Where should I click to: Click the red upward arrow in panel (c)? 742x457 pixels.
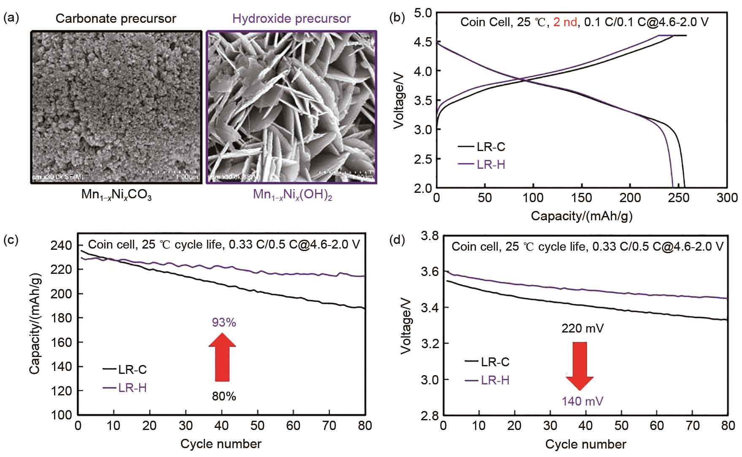tap(222, 357)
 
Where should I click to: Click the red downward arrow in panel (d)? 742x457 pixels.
tap(580, 365)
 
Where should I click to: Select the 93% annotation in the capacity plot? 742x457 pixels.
tap(224, 323)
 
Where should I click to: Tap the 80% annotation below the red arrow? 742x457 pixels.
tap(224, 396)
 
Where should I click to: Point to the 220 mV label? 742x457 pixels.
tap(582, 328)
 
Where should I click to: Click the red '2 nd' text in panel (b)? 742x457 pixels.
tap(565, 22)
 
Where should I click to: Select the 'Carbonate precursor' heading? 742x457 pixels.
tap(116, 19)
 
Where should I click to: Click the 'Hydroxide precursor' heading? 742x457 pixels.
tap(291, 19)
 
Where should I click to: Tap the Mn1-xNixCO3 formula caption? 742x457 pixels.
tap(116, 195)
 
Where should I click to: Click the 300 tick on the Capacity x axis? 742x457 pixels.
tap(727, 197)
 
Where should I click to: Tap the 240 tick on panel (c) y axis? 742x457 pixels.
tap(62, 245)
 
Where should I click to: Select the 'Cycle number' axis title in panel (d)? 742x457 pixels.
tap(586, 444)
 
